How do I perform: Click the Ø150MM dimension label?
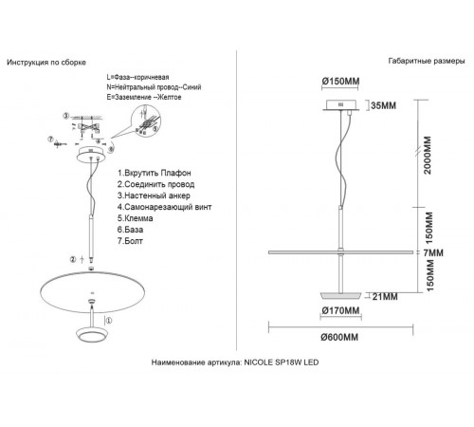pyautogui.click(x=340, y=82)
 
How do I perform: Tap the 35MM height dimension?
pyautogui.click(x=383, y=105)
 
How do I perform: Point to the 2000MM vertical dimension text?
pyautogui.click(x=428, y=155)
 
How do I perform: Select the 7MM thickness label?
pyautogui.click(x=433, y=252)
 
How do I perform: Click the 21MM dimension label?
pyautogui.click(x=385, y=297)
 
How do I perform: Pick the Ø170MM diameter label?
pyautogui.click(x=340, y=310)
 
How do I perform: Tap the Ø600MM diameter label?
pyautogui.click(x=339, y=337)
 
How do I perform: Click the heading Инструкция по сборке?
pyautogui.click(x=46, y=63)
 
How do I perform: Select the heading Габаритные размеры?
pyautogui.click(x=427, y=61)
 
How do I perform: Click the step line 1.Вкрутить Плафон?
pyautogui.click(x=155, y=173)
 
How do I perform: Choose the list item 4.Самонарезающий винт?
pyautogui.click(x=165, y=207)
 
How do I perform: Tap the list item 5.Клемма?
pyautogui.click(x=136, y=218)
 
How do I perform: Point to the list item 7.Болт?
pyautogui.click(x=130, y=241)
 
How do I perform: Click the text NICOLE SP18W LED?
pyautogui.click(x=282, y=362)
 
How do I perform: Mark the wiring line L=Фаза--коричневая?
pyautogui.click(x=137, y=77)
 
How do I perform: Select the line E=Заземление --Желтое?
pyautogui.click(x=144, y=97)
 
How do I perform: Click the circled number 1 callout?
pyautogui.click(x=108, y=321)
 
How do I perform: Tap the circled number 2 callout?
pyautogui.click(x=73, y=260)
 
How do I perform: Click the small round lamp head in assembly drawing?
pyautogui.click(x=93, y=335)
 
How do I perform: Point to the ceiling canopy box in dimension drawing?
pyautogui.click(x=341, y=105)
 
